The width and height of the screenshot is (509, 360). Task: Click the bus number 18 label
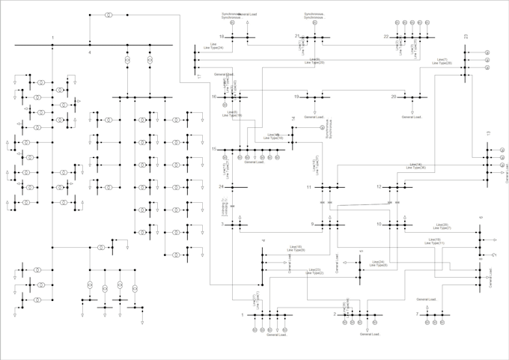[x=222, y=36]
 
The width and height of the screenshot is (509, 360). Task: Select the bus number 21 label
[x=297, y=36]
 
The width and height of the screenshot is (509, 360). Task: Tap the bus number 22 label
[x=386, y=36]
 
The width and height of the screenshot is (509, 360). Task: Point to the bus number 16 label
[x=213, y=97]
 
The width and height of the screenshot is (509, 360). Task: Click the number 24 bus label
[x=222, y=186]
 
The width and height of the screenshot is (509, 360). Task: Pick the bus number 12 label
[x=379, y=186]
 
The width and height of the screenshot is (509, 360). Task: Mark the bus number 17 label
[x=199, y=76]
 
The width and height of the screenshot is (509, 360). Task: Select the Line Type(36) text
[x=415, y=168]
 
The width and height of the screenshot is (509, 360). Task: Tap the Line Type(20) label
[x=315, y=63]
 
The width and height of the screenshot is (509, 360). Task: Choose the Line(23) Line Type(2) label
[x=313, y=272]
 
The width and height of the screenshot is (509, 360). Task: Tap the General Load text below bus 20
[x=412, y=117]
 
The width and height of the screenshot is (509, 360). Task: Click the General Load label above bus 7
[x=427, y=299]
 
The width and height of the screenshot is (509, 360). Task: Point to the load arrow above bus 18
[x=247, y=22]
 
